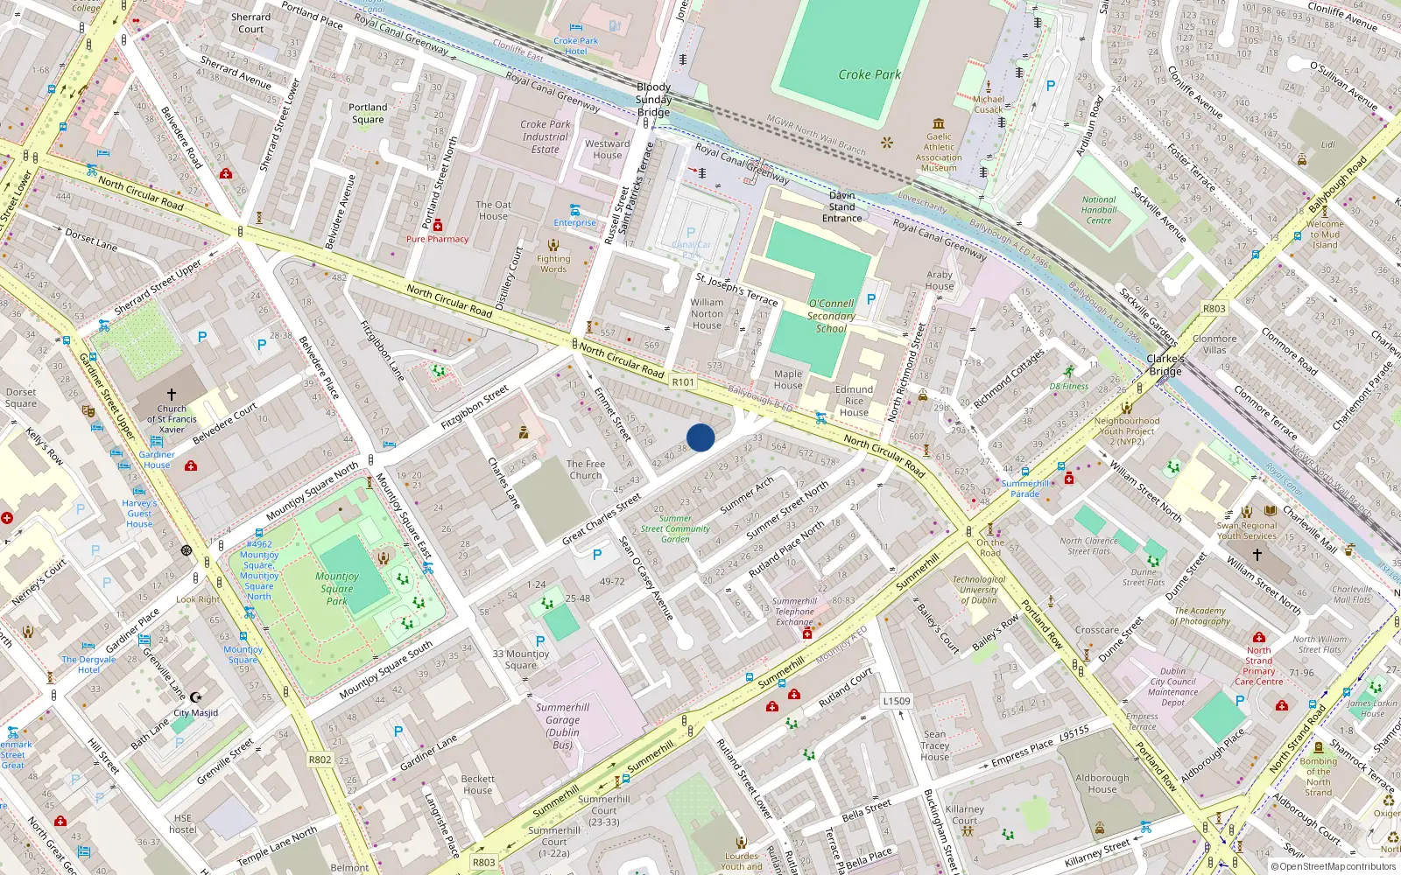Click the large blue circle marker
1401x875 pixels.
(x=700, y=437)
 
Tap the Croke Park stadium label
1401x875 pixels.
(x=869, y=74)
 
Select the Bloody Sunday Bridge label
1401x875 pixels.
(x=653, y=99)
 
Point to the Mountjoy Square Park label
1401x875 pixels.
(x=337, y=588)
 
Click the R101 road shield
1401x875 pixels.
(x=683, y=382)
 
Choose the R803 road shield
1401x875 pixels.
(x=484, y=862)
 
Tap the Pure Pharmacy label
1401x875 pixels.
(x=437, y=239)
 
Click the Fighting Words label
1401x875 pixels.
(x=553, y=263)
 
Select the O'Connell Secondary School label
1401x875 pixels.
(x=830, y=316)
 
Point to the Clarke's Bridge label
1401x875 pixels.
(x=1165, y=365)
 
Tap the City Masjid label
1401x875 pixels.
(x=195, y=712)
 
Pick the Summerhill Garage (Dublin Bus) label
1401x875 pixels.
(x=562, y=726)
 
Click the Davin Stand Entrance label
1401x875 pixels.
(x=841, y=207)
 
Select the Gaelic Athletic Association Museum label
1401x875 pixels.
(x=939, y=152)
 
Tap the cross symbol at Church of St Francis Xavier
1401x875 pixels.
(x=172, y=395)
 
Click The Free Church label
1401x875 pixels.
(x=586, y=470)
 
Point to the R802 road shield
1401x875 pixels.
(x=320, y=759)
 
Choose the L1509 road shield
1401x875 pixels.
(x=897, y=701)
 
